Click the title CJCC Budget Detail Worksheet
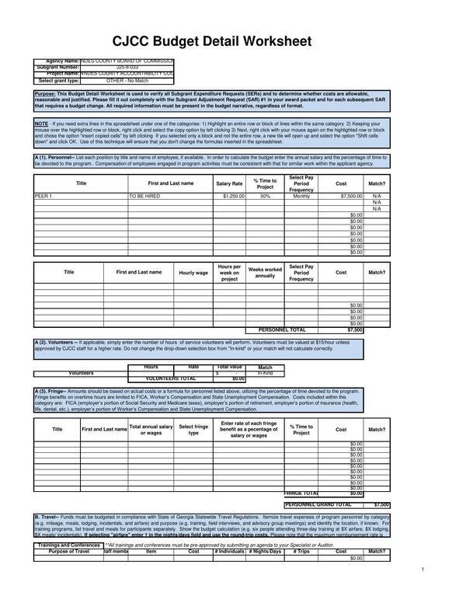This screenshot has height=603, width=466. [212, 41]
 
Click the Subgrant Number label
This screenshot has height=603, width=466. [57, 68]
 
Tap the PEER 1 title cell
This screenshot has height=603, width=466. [43, 197]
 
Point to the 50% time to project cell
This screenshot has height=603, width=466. [265, 197]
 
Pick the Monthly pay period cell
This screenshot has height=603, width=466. [301, 197]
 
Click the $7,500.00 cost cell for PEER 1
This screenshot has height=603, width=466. [341, 197]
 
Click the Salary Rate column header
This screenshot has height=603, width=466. [229, 183]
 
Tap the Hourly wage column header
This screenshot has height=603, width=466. [193, 273]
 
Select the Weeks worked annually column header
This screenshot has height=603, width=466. [265, 273]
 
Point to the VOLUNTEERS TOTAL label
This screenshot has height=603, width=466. [172, 378]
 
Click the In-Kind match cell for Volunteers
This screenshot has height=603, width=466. [265, 373]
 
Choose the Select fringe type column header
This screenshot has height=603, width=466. [193, 429]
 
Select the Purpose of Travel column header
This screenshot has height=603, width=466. [68, 551]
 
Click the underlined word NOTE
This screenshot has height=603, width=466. [41, 123]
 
